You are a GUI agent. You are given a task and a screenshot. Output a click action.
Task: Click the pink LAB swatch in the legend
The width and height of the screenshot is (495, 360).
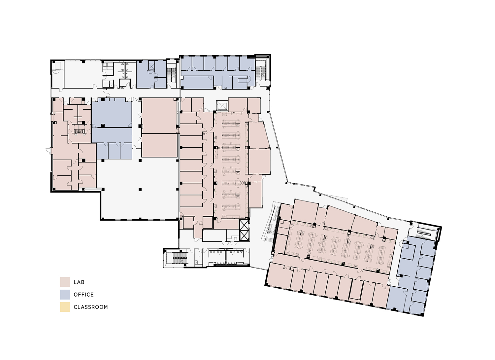point(65,282)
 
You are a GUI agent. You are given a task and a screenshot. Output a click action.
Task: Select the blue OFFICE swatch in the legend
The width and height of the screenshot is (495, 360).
point(65,294)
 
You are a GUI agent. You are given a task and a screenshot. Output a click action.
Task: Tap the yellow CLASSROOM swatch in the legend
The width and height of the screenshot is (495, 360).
point(65,307)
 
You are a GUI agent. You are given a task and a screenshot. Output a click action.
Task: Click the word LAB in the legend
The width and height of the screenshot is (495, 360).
point(79,282)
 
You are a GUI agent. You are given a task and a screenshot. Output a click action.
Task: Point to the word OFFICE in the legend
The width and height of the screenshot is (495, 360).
point(84,295)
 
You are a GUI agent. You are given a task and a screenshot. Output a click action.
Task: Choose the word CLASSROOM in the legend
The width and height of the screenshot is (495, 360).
point(91,307)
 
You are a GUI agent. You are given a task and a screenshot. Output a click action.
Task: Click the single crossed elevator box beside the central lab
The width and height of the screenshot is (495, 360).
point(222,106)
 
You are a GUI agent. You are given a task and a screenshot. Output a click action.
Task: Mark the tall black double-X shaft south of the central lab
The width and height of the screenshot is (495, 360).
point(244,230)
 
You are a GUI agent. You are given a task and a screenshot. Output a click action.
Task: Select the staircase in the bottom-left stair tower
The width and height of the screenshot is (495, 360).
point(180,258)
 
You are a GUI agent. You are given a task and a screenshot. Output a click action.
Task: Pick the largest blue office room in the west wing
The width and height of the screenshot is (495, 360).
point(112,113)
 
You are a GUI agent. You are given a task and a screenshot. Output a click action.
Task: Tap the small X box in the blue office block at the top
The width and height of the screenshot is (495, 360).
point(151,66)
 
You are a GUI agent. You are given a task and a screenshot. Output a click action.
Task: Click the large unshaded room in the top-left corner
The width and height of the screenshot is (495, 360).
point(83,75)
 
